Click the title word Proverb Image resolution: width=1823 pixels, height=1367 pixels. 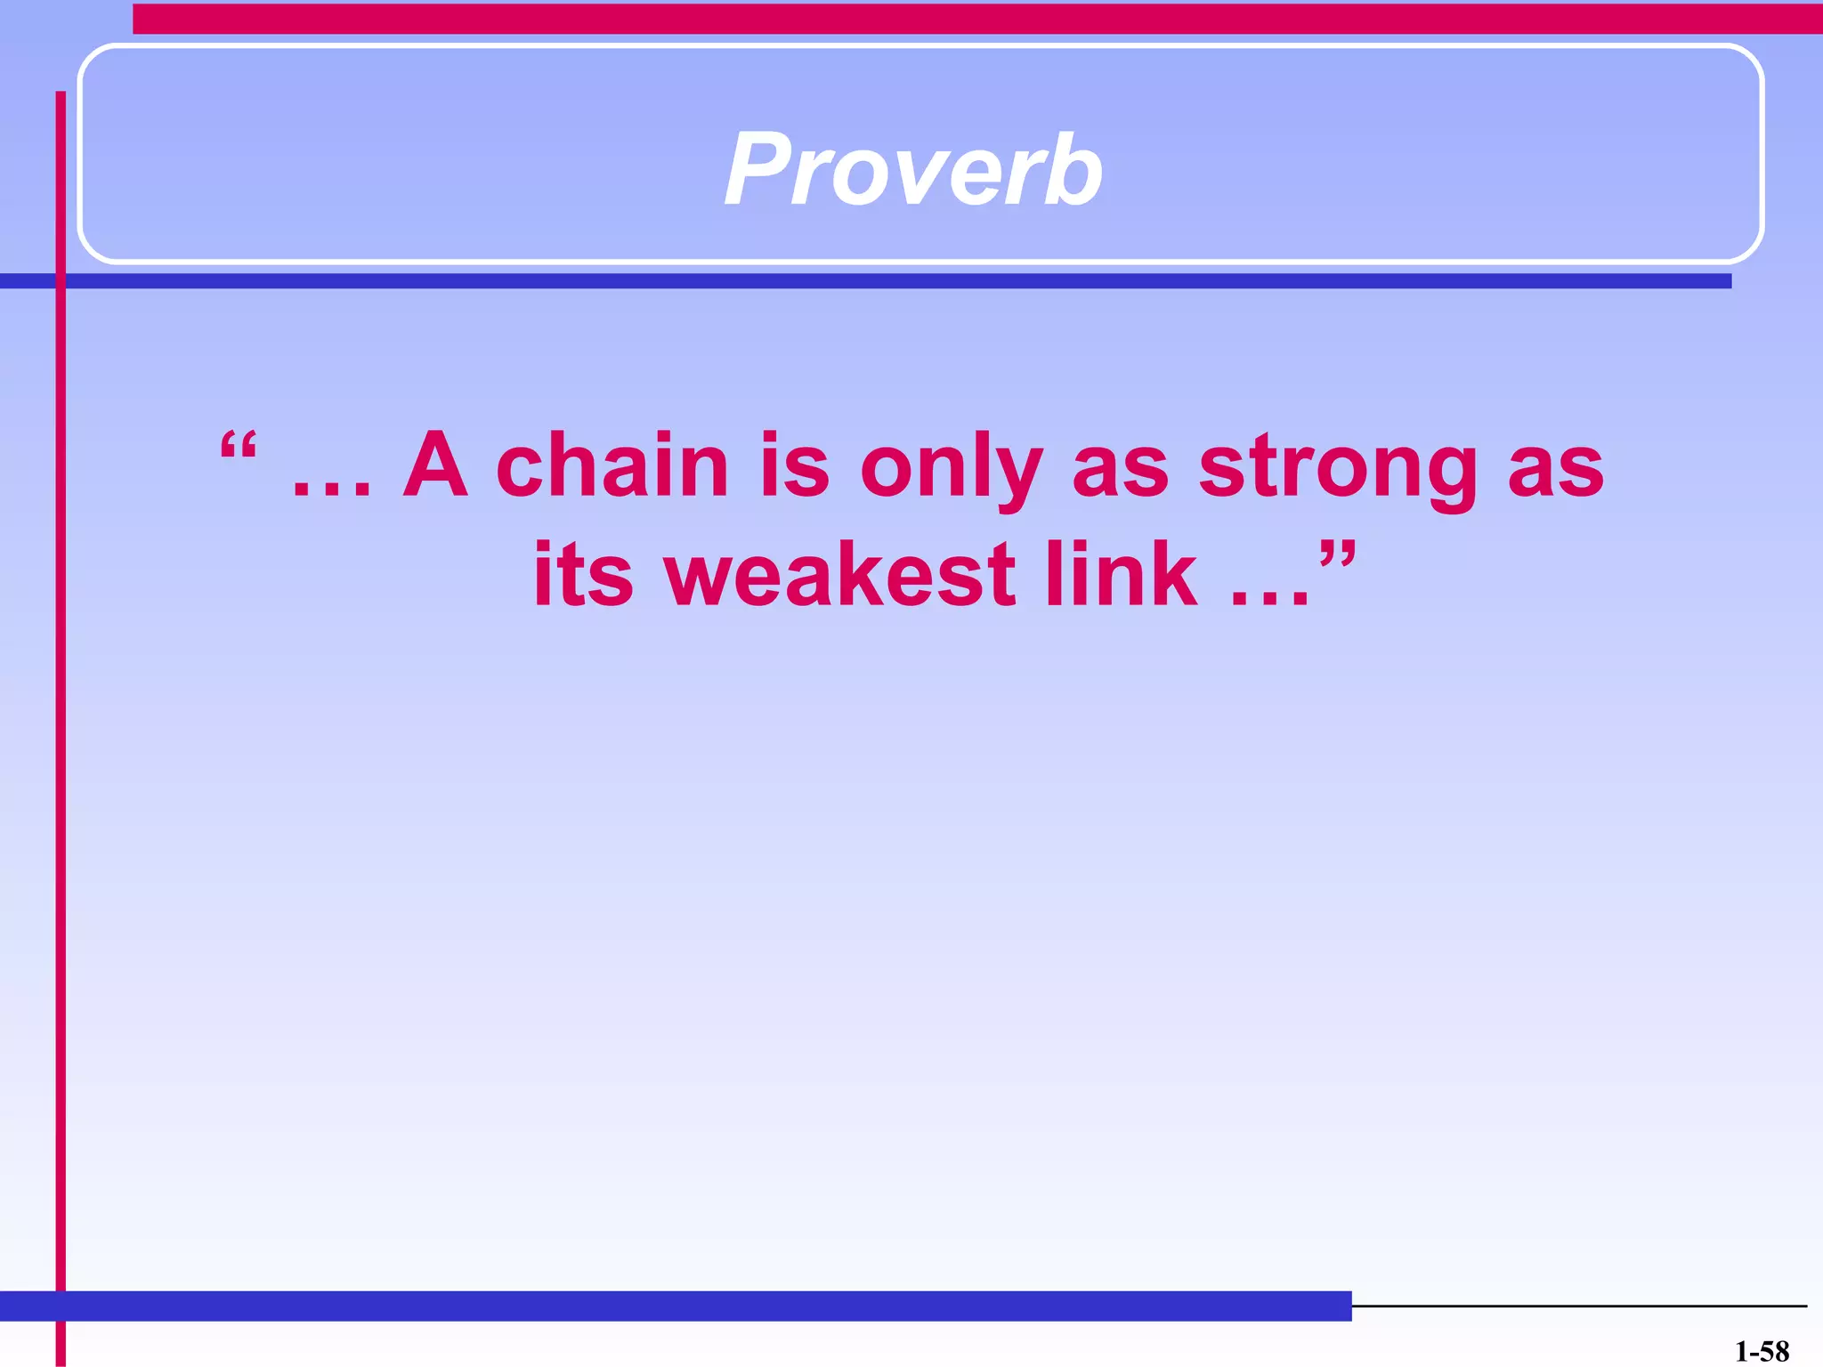tap(913, 169)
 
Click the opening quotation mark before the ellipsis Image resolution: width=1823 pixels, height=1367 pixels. tap(239, 446)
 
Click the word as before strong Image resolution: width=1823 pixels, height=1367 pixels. tap(1120, 472)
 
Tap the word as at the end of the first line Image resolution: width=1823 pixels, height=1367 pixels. tap(1555, 472)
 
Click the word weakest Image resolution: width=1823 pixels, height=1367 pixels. tap(840, 576)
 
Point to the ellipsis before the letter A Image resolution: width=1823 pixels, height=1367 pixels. tap(331, 489)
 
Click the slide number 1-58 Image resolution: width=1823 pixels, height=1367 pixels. tap(1762, 1351)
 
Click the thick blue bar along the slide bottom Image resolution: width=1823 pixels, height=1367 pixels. tap(677, 1306)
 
